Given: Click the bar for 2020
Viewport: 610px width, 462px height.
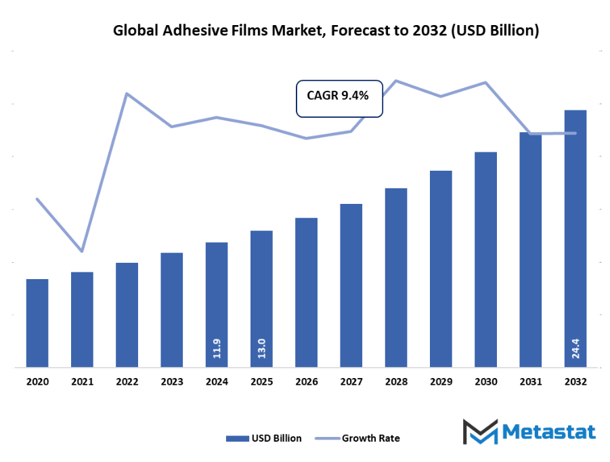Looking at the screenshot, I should (37, 323).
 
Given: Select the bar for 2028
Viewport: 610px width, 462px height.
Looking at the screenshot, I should (396, 278).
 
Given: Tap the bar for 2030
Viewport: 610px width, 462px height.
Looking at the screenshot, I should (485, 259).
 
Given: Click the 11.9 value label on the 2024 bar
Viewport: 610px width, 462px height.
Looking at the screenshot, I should (217, 349).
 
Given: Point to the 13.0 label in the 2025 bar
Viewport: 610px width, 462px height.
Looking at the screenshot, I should (261, 349).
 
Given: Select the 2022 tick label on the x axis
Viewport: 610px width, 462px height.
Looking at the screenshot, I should (127, 382).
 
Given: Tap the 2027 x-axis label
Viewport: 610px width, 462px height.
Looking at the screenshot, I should (351, 382).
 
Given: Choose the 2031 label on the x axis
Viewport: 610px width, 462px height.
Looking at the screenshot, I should (531, 382).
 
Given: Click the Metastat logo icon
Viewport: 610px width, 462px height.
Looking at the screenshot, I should (479, 432).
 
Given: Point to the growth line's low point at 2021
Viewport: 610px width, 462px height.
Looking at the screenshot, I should (83, 251).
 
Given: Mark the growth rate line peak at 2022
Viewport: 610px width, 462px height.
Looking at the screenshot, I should (127, 93).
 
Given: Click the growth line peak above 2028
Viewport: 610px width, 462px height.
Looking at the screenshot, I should (396, 81).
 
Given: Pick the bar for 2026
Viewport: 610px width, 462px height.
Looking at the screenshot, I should (306, 293).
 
